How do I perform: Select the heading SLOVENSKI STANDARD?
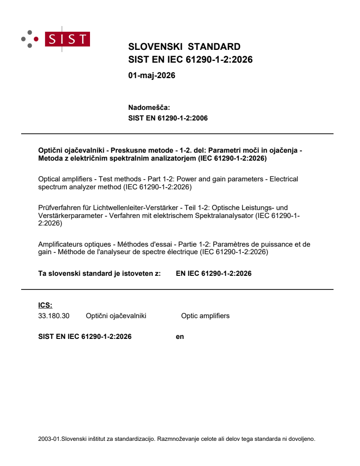pos(184,47)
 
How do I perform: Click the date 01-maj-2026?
pos(151,75)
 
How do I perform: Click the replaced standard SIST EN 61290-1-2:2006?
pos(168,118)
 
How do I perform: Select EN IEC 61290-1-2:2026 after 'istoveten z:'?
pos(214,274)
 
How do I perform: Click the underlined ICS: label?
pos(45,305)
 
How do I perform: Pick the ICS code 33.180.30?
pos(54,316)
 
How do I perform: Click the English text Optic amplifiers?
pos(205,316)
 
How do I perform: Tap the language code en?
pos(180,337)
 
